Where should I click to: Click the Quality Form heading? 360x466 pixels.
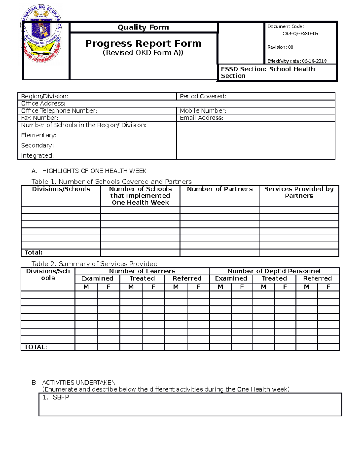pyautogui.click(x=143, y=27)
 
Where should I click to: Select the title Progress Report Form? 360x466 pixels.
pyautogui.click(x=143, y=44)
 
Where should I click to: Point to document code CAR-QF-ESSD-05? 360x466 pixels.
pyautogui.click(x=300, y=34)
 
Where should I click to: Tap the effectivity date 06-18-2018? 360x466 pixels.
pyautogui.click(x=314, y=61)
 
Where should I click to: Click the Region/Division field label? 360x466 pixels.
pyautogui.click(x=45, y=96)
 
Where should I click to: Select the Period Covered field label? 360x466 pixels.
pyautogui.click(x=203, y=96)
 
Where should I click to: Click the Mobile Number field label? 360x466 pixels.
pyautogui.click(x=203, y=111)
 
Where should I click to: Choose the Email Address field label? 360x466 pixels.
pyautogui.click(x=201, y=118)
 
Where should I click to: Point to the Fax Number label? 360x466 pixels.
pyautogui.click(x=40, y=118)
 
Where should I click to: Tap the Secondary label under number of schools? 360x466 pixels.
pyautogui.click(x=37, y=145)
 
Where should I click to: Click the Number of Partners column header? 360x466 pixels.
pyautogui.click(x=220, y=189)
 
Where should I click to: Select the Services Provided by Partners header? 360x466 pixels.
pyautogui.click(x=299, y=192)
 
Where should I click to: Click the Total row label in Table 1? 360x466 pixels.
pyautogui.click(x=34, y=253)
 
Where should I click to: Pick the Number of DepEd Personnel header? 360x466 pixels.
pyautogui.click(x=274, y=271)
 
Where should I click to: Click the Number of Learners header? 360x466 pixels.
pyautogui.click(x=142, y=271)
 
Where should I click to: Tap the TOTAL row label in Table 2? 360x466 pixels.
pyautogui.click(x=36, y=347)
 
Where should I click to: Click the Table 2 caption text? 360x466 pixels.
pyautogui.click(x=94, y=264)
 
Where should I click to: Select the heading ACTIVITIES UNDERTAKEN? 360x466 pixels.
pyautogui.click(x=79, y=383)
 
